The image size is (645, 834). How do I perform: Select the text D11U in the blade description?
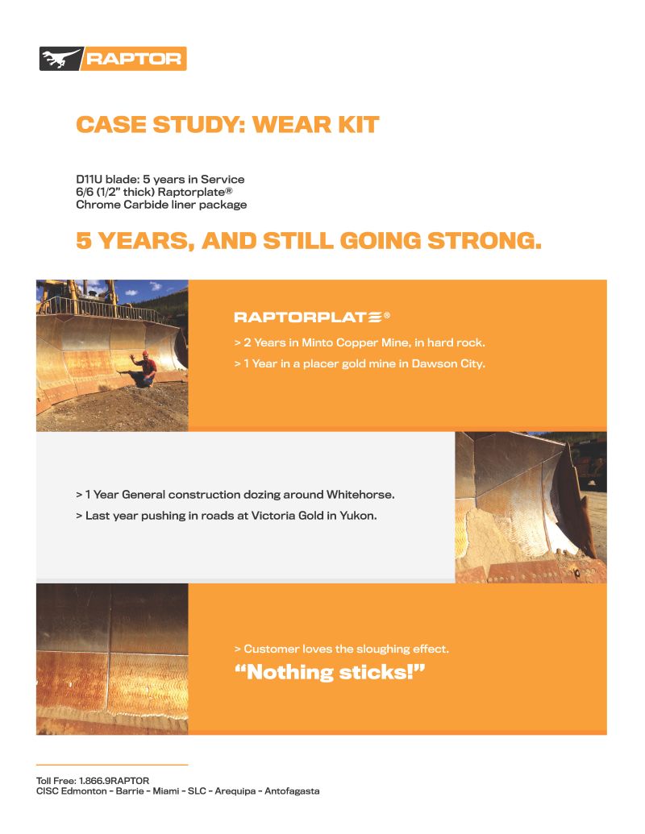tap(89, 179)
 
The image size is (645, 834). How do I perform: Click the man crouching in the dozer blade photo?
tap(146, 367)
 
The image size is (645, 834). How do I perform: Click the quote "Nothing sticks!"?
tap(329, 672)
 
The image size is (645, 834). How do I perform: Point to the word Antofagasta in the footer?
tap(291, 791)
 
